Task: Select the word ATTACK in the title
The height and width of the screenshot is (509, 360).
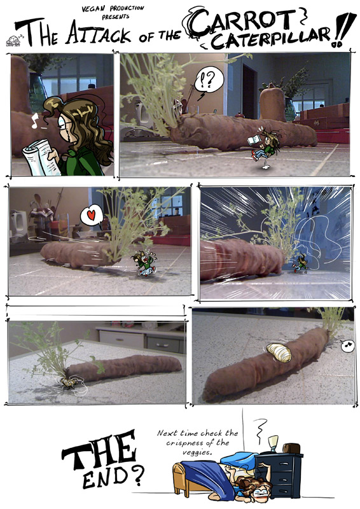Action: tap(99, 34)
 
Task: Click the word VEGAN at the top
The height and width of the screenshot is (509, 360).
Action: tap(95, 9)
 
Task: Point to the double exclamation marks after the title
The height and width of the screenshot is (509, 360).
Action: tap(342, 30)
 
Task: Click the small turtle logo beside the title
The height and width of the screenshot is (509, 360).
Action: tap(13, 40)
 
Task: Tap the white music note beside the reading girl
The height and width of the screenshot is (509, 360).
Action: tap(34, 120)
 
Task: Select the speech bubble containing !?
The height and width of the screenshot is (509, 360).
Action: tap(209, 80)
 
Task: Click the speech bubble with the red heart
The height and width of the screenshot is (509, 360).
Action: tap(92, 216)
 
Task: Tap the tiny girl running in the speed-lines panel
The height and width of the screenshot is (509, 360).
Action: tap(301, 263)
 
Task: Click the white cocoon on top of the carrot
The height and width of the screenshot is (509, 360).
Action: tap(279, 352)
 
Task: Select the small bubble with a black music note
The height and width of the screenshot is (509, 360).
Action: tap(348, 345)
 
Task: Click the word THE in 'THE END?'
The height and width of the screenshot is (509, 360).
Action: tap(99, 450)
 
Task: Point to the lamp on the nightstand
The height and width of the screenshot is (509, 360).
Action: tap(273, 443)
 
